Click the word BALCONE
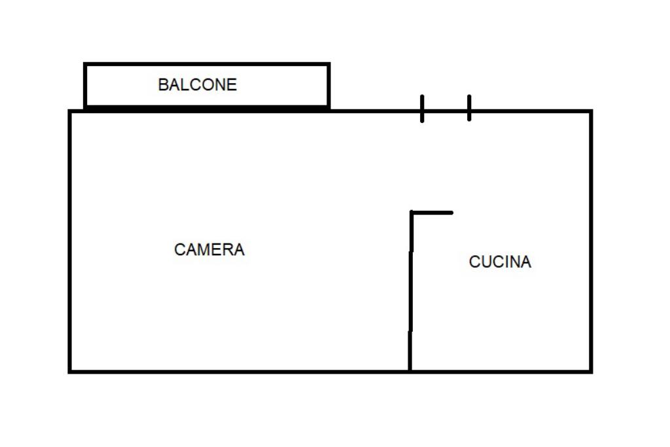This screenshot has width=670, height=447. [198, 85]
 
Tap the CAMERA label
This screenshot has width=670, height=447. [209, 250]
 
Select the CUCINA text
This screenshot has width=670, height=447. [500, 262]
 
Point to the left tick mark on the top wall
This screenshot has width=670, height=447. [422, 109]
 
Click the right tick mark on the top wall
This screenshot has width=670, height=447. [469, 108]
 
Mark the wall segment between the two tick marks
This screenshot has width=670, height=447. [446, 111]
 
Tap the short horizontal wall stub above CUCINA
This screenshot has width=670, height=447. [432, 212]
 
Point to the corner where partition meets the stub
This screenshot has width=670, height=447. [412, 213]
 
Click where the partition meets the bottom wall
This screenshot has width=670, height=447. [410, 371]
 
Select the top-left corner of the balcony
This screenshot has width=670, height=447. [85, 64]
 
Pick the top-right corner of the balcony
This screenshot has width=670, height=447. [328, 64]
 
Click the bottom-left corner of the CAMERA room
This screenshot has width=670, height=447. [70, 371]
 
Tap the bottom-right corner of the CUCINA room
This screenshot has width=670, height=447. [591, 371]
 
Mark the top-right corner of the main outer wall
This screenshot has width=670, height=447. [591, 111]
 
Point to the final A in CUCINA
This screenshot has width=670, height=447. [525, 262]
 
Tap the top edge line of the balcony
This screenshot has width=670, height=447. [207, 64]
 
